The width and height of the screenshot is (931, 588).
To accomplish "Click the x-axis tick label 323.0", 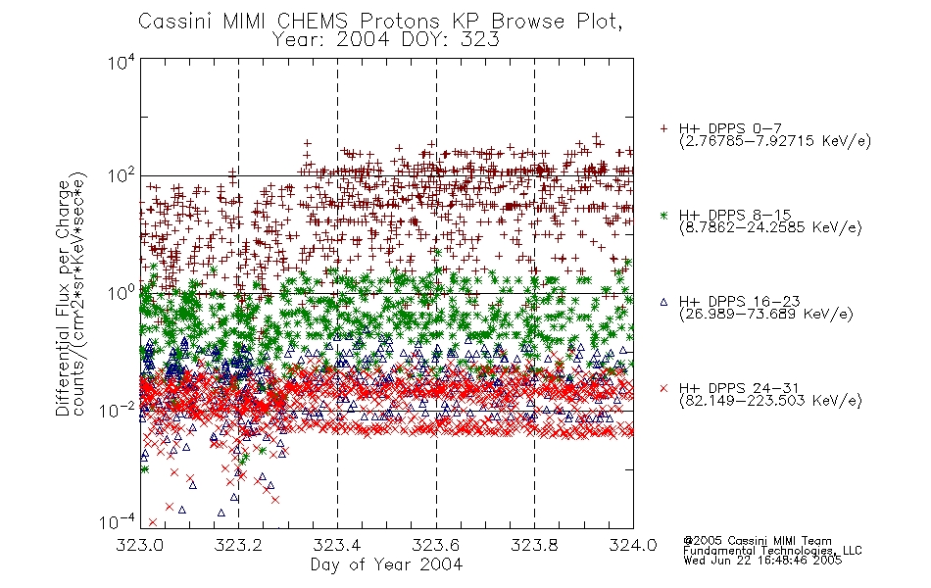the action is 139,545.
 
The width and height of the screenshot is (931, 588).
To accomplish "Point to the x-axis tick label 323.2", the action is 238,545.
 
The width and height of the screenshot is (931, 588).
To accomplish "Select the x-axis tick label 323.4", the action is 337,545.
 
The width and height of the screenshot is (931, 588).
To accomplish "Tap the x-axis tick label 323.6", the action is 436,545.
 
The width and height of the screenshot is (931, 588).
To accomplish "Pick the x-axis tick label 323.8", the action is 534,545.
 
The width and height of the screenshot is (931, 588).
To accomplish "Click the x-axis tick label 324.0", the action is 633,545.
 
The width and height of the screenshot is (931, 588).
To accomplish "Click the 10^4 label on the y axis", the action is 121,63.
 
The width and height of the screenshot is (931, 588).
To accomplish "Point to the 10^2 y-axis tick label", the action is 121,176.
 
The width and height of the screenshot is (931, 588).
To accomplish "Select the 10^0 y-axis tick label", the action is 121,293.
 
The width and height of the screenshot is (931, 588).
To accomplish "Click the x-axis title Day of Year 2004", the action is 386,564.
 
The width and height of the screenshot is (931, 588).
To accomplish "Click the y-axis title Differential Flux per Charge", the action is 64,298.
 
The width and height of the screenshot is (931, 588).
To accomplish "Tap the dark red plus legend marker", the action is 663,128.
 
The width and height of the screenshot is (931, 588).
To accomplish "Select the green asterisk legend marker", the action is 663,216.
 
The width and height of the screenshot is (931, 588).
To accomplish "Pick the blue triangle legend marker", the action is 663,302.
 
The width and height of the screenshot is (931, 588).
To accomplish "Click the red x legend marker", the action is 663,388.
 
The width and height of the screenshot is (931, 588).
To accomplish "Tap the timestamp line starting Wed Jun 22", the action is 762,561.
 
